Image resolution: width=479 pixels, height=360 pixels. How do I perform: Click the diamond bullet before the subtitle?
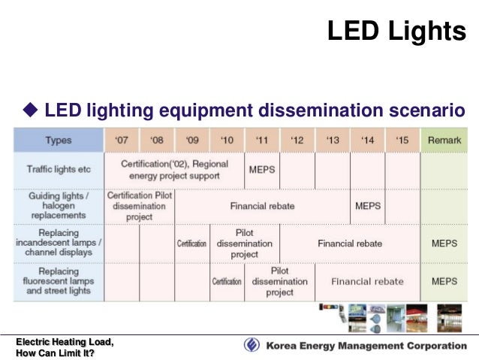coord(30,112)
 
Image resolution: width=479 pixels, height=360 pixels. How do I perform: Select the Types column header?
coord(59,141)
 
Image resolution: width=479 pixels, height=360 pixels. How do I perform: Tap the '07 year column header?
coord(121,141)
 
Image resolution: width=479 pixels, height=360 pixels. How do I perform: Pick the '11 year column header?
coord(262,141)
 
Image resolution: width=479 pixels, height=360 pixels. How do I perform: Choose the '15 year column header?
coord(402,141)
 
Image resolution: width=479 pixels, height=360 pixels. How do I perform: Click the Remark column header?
coord(444,141)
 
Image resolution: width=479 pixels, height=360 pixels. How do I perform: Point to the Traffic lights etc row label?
coord(59,170)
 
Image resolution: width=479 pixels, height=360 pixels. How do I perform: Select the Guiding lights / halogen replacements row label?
coord(59,205)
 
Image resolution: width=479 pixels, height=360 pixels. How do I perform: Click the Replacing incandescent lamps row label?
coord(59,244)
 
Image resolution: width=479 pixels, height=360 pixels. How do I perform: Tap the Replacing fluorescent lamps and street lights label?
coord(59,281)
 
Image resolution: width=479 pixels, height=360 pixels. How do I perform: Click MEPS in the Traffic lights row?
coord(262,170)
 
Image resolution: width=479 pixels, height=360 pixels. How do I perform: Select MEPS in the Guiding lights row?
coord(368,205)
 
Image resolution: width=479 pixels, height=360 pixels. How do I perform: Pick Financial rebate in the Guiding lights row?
coord(262,205)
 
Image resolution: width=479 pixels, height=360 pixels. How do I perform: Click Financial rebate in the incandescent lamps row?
coord(350,244)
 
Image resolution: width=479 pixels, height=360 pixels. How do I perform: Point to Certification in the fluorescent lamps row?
coord(227,282)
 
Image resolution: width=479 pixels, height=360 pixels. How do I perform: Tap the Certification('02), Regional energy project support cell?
coord(174,170)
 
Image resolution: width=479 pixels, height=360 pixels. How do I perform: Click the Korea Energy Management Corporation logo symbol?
coord(252,346)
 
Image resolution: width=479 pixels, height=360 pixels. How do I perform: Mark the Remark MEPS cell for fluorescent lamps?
coord(444,282)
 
